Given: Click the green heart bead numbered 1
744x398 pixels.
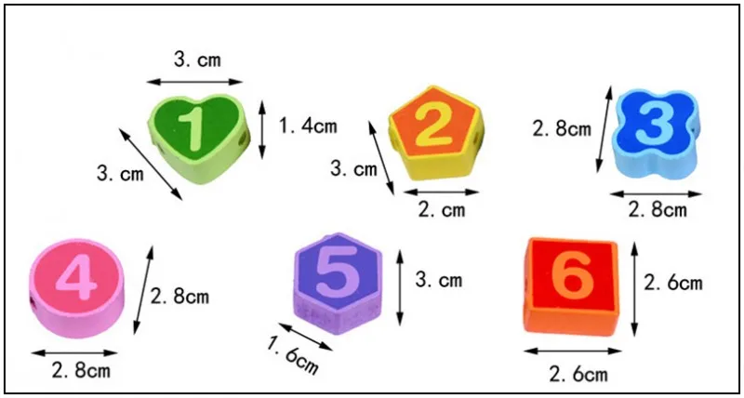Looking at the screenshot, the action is (199, 139).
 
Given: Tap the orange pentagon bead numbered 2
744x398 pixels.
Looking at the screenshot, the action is (435, 134).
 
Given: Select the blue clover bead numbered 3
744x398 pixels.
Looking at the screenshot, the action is (657, 134).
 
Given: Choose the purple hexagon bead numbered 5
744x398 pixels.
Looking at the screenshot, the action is (339, 284).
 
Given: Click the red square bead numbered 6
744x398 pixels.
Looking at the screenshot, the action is (571, 286).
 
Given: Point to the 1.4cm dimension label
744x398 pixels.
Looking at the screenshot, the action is (308, 126).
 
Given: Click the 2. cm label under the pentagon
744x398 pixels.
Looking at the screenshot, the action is (442, 209).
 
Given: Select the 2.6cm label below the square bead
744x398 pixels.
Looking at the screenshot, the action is (578, 374).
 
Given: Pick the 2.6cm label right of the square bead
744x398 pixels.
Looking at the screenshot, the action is (672, 284).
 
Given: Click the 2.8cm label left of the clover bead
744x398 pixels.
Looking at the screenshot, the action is (562, 129).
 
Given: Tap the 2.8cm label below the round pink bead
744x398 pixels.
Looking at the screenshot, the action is (81, 371).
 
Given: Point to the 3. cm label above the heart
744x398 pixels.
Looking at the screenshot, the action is (197, 60).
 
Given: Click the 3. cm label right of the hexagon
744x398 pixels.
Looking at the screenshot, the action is (438, 280).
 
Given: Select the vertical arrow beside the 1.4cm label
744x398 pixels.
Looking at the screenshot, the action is (262, 130).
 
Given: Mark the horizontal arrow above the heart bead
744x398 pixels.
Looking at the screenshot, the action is (194, 82).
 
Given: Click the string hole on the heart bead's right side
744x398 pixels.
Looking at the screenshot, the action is (244, 139).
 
